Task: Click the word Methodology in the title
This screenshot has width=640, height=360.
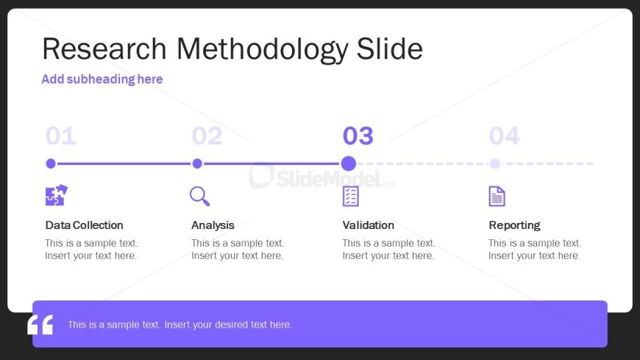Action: pos(263,50)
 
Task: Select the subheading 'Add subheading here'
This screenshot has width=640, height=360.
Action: pos(102,79)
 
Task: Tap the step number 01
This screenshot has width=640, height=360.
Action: pos(61,135)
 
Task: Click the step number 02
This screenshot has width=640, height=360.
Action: pos(207,135)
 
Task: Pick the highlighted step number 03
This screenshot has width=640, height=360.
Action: pos(358,135)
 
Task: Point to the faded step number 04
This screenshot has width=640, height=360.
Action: pos(505,135)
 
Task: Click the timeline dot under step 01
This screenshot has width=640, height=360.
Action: pos(51,163)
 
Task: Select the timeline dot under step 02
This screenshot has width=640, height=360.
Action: pos(197,163)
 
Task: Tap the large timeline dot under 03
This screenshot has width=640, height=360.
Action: pos(348,163)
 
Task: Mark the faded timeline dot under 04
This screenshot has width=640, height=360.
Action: pos(494,163)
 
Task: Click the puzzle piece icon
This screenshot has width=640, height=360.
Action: pos(57,195)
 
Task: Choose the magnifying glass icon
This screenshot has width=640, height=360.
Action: pos(199,196)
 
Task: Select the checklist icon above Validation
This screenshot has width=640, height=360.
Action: pos(351,196)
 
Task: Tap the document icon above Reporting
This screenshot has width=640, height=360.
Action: pos(497,196)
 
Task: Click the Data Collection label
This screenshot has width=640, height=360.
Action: pos(84,225)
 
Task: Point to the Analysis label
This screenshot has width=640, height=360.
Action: pos(213,225)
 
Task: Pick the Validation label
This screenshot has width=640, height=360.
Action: pos(368,225)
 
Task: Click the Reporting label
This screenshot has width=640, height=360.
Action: pos(514,225)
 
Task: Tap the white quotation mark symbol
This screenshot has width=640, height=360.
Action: pos(40,325)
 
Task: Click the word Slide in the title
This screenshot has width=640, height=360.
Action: pos(389,49)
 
